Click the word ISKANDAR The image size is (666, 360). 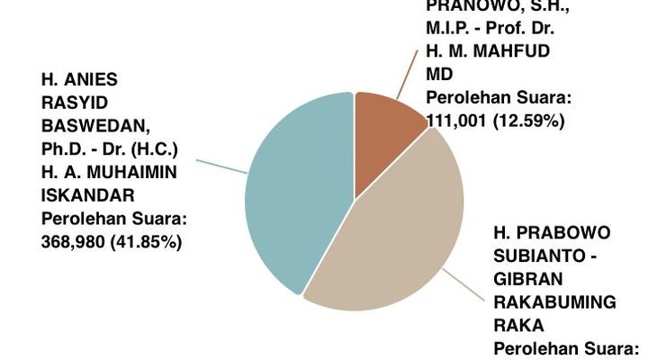[88, 194]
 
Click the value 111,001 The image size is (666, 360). [456, 121]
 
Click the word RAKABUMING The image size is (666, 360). [553, 302]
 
